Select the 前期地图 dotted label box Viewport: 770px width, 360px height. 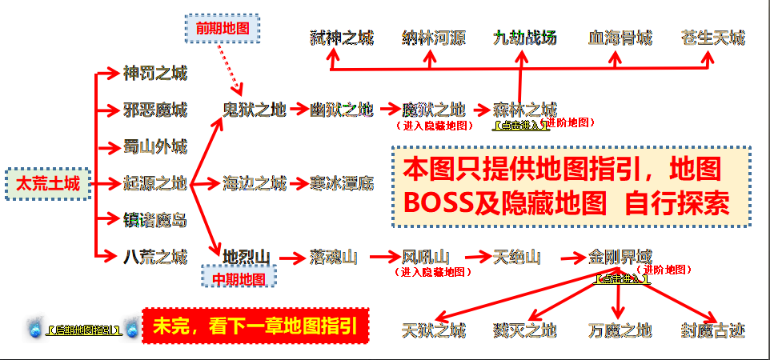[x=223, y=29]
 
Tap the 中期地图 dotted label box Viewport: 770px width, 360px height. [x=239, y=278]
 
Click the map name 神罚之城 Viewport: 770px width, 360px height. [x=154, y=74]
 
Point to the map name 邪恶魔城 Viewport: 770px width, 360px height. [x=154, y=110]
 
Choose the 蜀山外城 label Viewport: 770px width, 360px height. [x=154, y=147]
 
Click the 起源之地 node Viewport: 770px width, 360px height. [x=154, y=184]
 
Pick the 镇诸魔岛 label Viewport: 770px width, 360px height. [x=154, y=220]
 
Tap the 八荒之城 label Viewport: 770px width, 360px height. [x=154, y=257]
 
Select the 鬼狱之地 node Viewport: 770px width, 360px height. [x=254, y=110]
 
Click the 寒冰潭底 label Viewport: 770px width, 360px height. [x=342, y=184]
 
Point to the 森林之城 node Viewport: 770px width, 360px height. [x=524, y=110]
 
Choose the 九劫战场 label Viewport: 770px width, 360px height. [x=524, y=38]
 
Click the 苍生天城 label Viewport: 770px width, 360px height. [x=712, y=38]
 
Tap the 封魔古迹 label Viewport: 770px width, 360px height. [x=712, y=330]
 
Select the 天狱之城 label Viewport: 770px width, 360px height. [x=433, y=330]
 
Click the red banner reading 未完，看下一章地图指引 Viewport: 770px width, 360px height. [x=255, y=327]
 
